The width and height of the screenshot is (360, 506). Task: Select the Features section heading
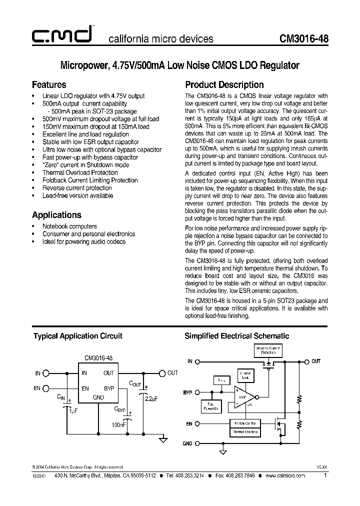[x=49, y=84]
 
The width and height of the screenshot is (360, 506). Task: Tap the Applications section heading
[x=56, y=215]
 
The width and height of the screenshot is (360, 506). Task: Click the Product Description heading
[x=224, y=84]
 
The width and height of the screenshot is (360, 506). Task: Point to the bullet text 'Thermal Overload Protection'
[x=80, y=172]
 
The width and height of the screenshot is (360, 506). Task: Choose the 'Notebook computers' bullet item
[x=69, y=226]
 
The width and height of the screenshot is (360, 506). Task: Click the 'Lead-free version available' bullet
[x=77, y=195]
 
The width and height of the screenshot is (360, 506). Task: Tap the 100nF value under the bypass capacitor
[x=119, y=424]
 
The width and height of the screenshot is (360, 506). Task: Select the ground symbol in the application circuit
[x=162, y=439]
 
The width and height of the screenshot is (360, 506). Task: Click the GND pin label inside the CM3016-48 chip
[x=98, y=397]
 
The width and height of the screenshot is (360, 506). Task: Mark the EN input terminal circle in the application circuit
[x=46, y=388]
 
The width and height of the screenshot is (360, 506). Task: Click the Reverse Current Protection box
[x=268, y=350]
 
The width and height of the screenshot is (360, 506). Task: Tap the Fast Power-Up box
[x=210, y=406]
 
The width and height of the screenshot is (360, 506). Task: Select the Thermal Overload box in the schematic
[x=244, y=431]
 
